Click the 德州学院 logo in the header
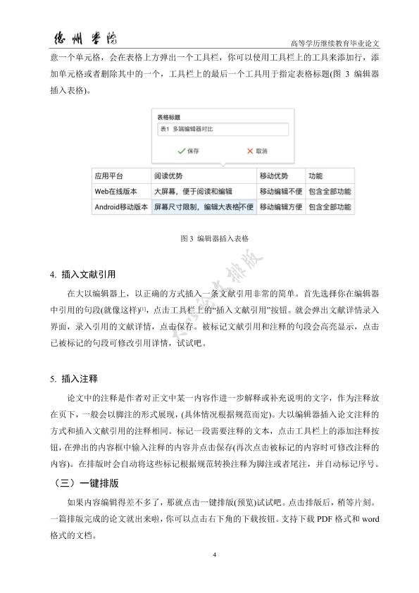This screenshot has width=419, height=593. click(x=80, y=37)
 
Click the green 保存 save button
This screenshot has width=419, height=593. click(x=187, y=151)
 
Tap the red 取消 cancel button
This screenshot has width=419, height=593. click(x=257, y=151)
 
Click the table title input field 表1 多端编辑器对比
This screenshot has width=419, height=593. click(x=222, y=130)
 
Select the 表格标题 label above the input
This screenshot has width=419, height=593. click(x=168, y=118)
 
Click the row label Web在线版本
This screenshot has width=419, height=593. click(x=117, y=191)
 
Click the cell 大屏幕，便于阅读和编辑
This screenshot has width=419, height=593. click(x=193, y=191)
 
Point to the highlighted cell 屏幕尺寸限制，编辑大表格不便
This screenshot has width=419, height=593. click(x=203, y=207)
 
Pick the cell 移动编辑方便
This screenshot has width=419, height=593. click(x=280, y=207)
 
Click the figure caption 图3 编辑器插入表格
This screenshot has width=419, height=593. click(x=209, y=239)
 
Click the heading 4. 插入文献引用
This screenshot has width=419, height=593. click(x=82, y=274)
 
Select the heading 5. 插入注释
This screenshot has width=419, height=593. click(x=74, y=379)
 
